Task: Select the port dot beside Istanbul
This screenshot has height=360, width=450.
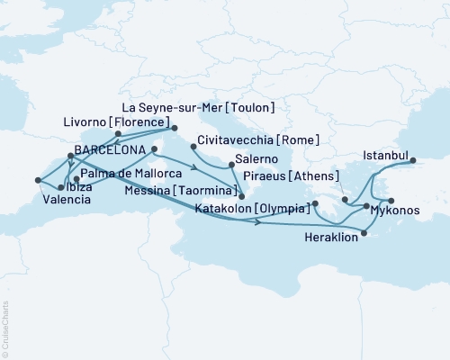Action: click(x=416, y=162)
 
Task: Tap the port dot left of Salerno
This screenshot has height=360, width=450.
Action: click(x=232, y=165)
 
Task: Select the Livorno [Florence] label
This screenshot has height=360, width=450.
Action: click(x=131, y=121)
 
